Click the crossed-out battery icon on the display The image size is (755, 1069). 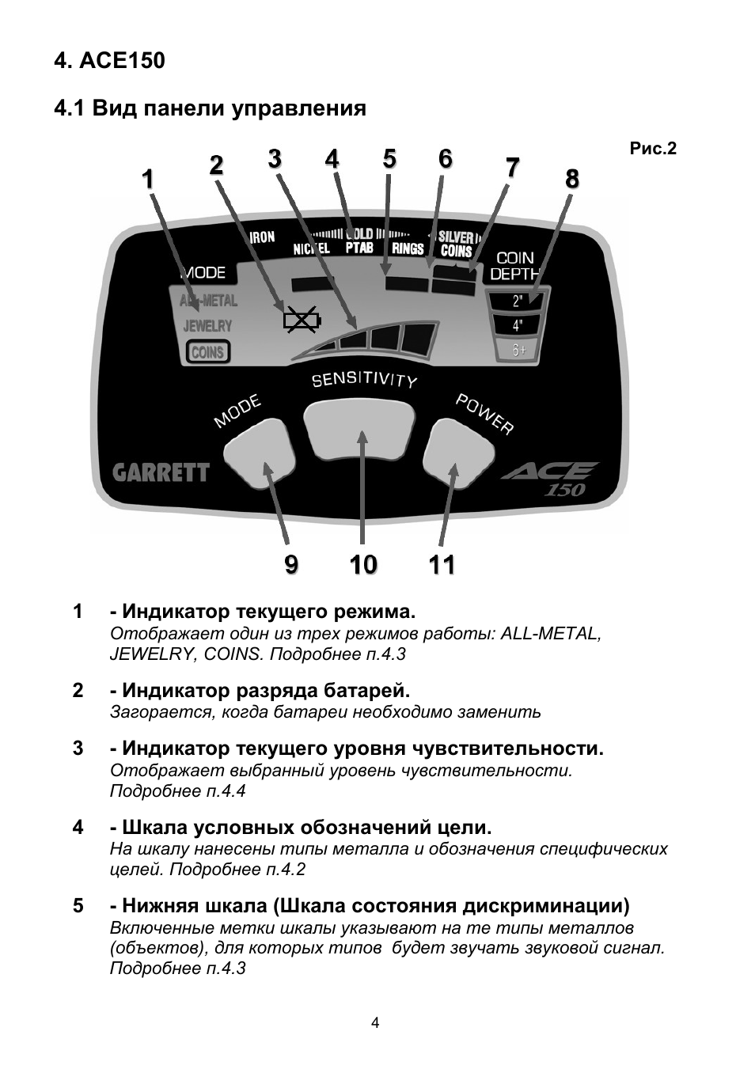[x=301, y=320]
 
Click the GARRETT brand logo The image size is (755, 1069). [x=161, y=473]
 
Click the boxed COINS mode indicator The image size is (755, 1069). [x=207, y=352]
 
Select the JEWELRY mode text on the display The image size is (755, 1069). [x=207, y=325]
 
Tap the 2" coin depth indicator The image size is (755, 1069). [x=518, y=301]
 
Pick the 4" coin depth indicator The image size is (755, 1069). [x=518, y=325]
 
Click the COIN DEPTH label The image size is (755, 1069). [x=514, y=266]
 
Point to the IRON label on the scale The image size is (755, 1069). [x=262, y=237]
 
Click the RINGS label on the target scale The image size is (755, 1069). [x=408, y=249]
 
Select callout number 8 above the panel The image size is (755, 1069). [x=572, y=180]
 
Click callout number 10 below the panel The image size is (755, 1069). [x=363, y=565]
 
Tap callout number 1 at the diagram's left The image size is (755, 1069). [x=148, y=180]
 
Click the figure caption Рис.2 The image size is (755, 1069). [x=653, y=149]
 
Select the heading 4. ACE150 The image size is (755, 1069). [x=109, y=61]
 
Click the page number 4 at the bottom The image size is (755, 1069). [x=375, y=1023]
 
